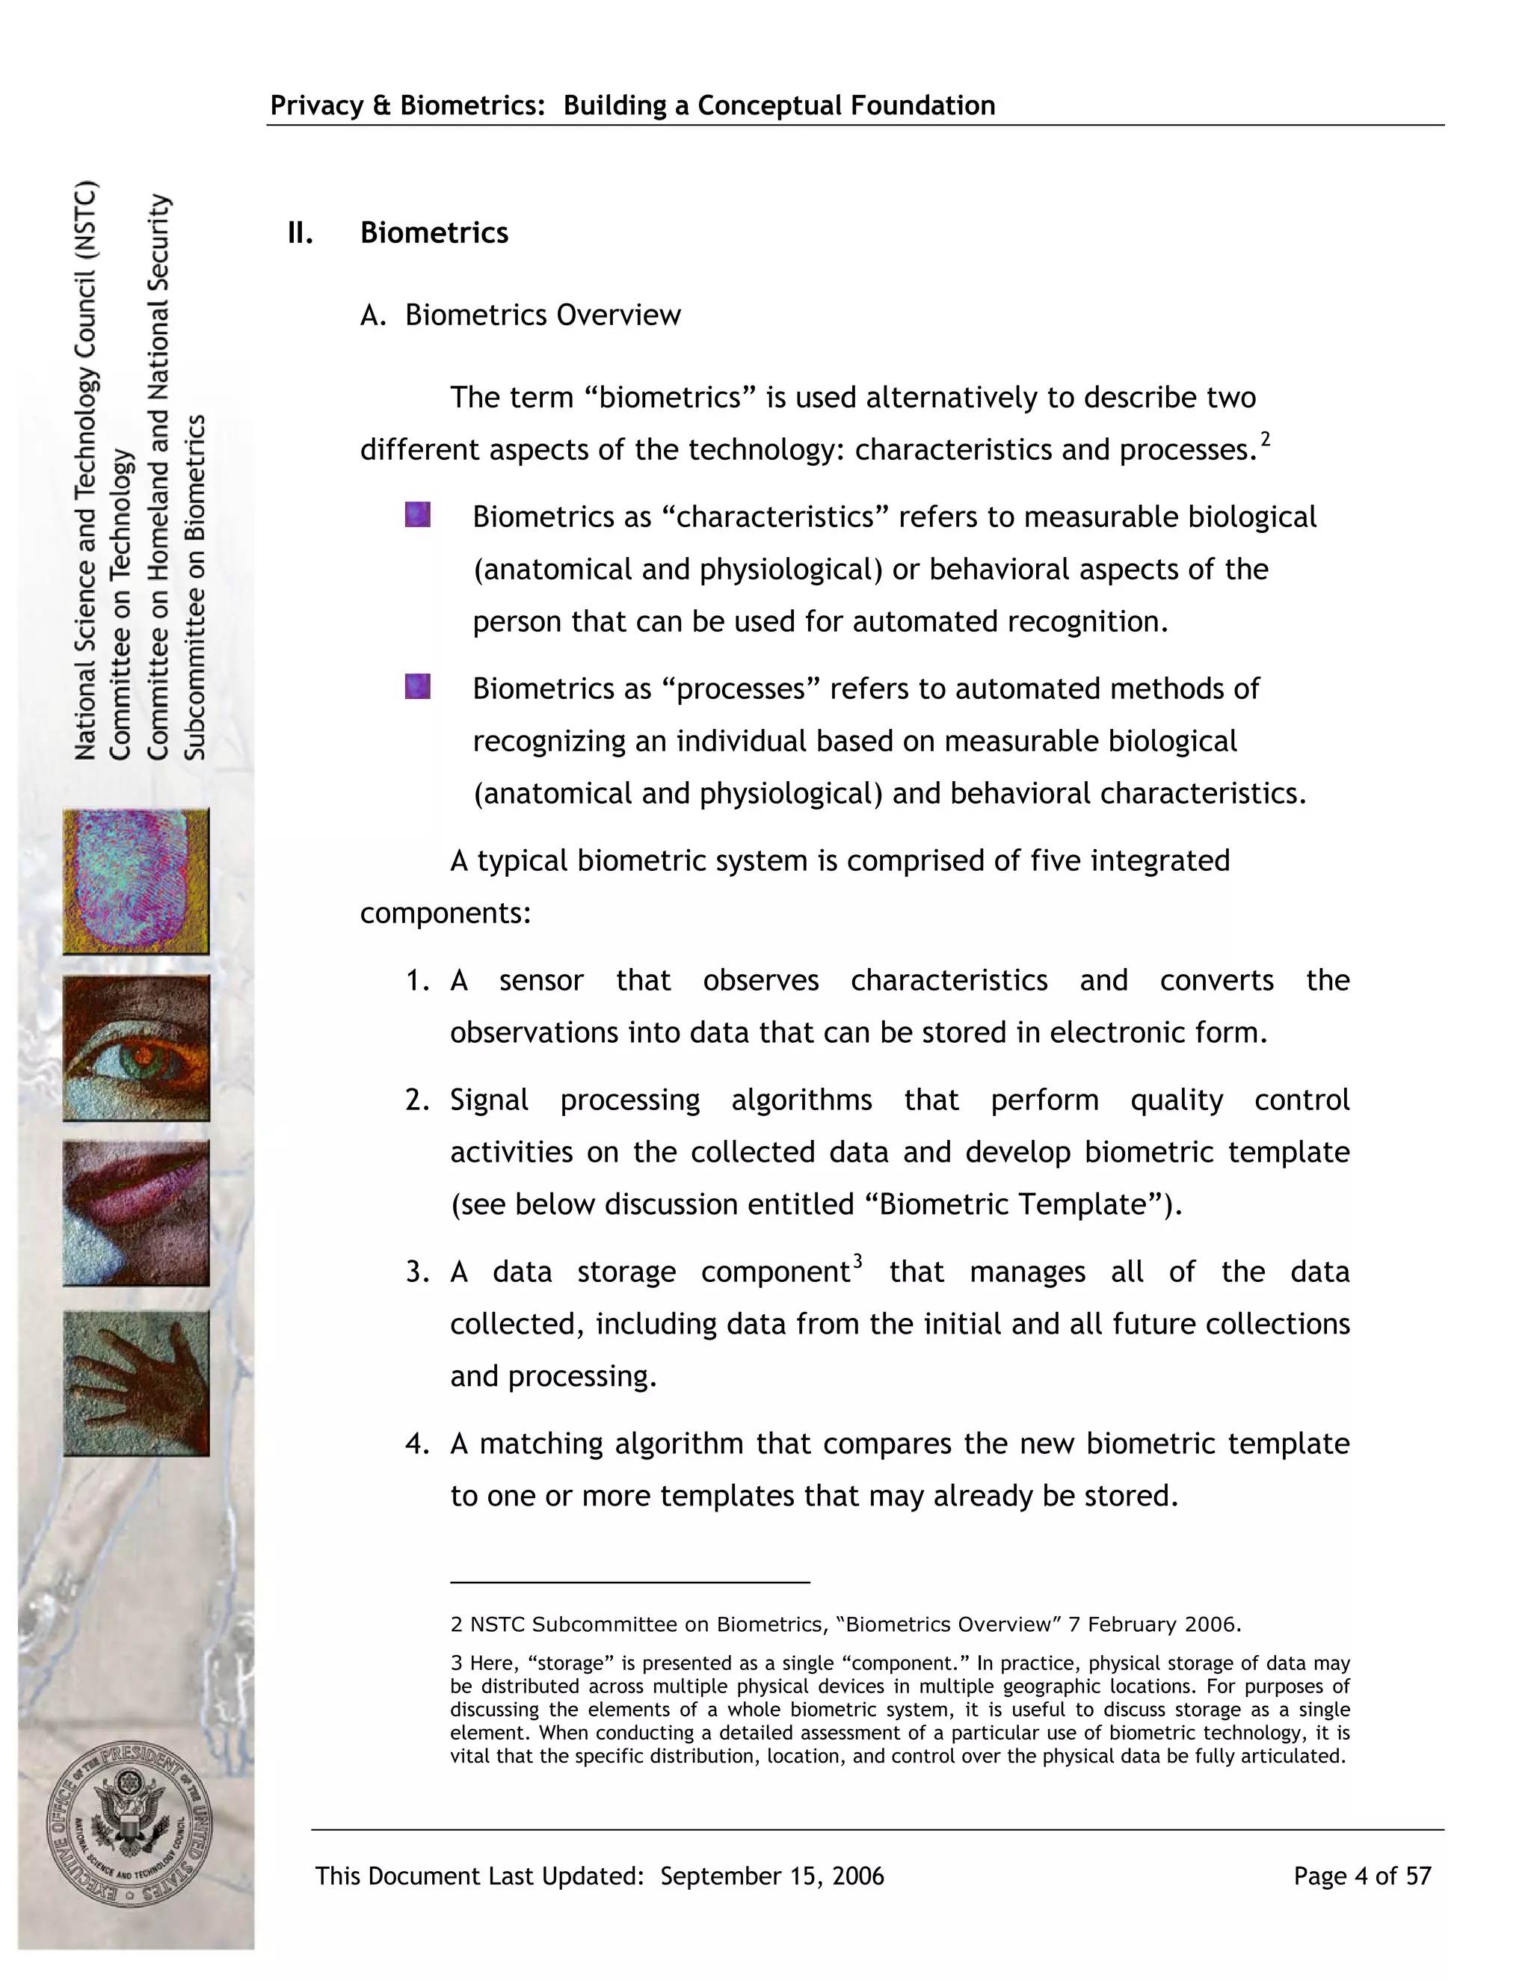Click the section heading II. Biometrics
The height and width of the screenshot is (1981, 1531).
(398, 233)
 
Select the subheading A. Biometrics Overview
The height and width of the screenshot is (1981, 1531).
(520, 315)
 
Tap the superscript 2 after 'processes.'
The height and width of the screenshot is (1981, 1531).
(1266, 440)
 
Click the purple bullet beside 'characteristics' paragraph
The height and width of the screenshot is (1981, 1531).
(417, 515)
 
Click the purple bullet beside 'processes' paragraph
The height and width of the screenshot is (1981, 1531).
(417, 687)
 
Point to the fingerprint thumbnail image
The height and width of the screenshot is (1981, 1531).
(136, 881)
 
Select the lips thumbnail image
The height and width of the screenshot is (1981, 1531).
(136, 1213)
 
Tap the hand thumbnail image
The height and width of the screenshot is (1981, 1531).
(136, 1383)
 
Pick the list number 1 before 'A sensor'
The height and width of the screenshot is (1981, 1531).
(416, 982)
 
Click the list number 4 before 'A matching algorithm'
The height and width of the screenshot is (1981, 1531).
(416, 1444)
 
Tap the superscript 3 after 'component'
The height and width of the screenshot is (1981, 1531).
(857, 1262)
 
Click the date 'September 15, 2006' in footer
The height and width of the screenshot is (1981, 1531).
(771, 1876)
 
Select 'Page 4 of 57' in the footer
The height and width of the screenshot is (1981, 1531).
(1361, 1876)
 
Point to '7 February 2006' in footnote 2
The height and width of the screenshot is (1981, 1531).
(1153, 1624)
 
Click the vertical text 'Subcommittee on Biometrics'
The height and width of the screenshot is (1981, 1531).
(195, 587)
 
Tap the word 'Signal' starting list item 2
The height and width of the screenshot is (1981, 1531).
(489, 1100)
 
